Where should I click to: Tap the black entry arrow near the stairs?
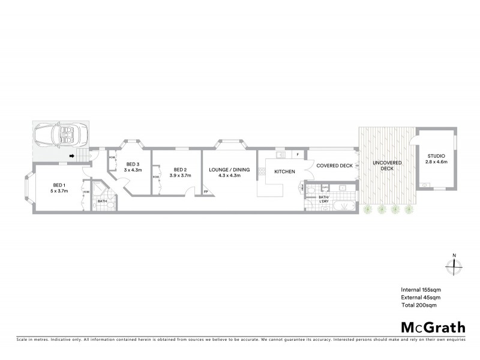coord(71,157)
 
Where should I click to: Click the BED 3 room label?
coord(132,164)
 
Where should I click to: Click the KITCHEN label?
coord(284,172)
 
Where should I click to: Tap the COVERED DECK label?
coord(334,166)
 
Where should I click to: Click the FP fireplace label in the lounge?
coord(206,192)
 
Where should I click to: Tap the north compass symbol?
coord(454,265)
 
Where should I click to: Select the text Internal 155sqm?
coord(421,290)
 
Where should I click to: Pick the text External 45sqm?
coord(421,298)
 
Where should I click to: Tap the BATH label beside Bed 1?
coord(103,201)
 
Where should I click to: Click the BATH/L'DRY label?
coord(325,199)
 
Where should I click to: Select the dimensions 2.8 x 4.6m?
coord(436,163)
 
